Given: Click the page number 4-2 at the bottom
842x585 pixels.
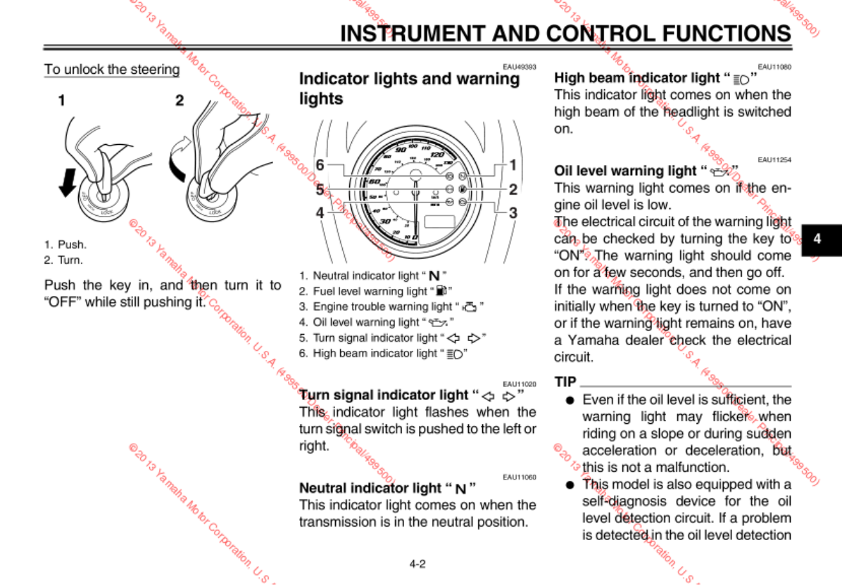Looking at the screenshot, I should pyautogui.click(x=417, y=563).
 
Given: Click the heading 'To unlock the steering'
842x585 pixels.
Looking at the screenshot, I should pyautogui.click(x=112, y=70).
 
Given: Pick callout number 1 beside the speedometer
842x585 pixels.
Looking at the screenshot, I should pyautogui.click(x=513, y=165).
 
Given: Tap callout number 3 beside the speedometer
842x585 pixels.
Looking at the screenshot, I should pyautogui.click(x=513, y=212).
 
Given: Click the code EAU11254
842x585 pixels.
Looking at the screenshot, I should pyautogui.click(x=774, y=160).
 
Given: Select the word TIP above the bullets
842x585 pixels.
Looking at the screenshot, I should pyautogui.click(x=565, y=382).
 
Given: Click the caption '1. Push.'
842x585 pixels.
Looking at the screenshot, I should pyautogui.click(x=65, y=245).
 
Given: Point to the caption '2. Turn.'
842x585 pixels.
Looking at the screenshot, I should pyautogui.click(x=64, y=260).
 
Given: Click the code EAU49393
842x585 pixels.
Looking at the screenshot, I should pyautogui.click(x=520, y=67).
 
